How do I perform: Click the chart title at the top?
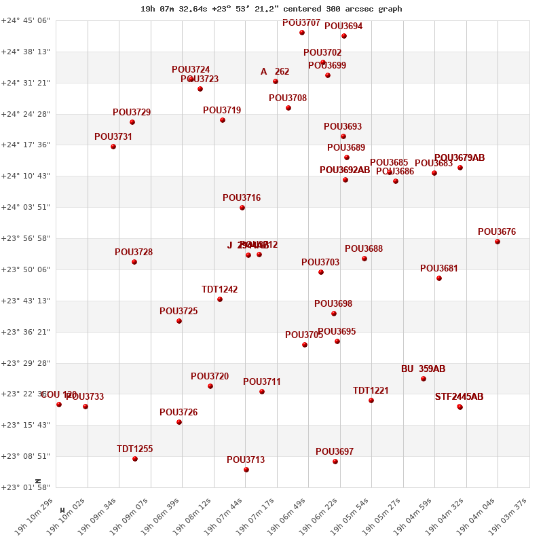point(271,9)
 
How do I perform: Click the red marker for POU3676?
point(498,242)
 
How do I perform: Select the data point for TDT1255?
point(135,459)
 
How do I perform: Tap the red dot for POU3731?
point(113,147)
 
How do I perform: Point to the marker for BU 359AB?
point(424,379)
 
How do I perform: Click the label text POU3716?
point(242,198)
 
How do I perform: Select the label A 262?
point(275,72)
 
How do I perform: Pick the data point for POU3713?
point(246,470)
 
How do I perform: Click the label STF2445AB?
point(459,397)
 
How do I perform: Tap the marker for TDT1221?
point(371,400)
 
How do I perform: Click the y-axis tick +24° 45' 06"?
point(25,20)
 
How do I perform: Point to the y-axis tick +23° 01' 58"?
point(25,487)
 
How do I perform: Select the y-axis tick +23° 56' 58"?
point(25,238)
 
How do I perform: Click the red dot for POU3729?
point(132,122)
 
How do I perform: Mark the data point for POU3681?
point(439,278)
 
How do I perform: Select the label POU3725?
point(179,312)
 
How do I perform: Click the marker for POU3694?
point(344,36)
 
